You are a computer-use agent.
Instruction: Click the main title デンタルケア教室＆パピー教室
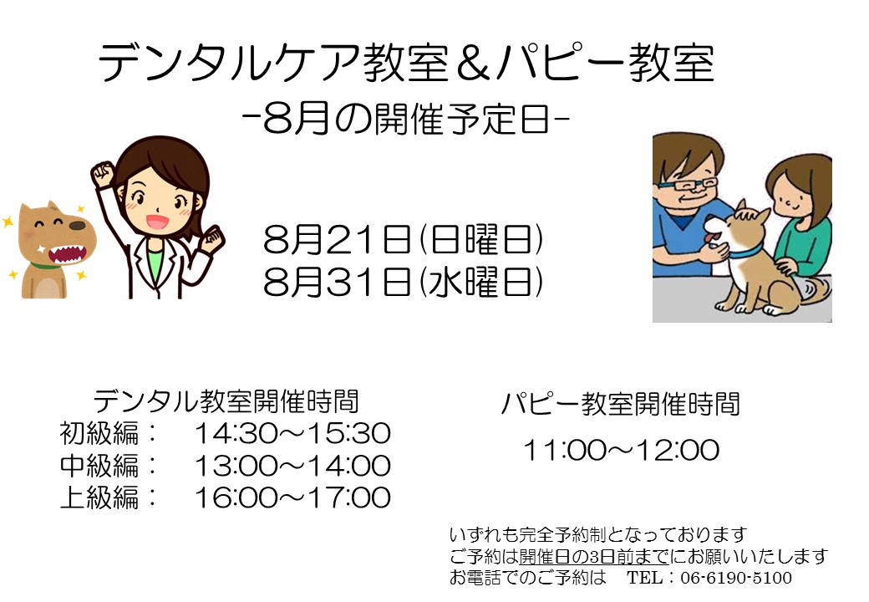(x=406, y=63)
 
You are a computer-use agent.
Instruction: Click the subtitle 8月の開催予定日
(x=406, y=120)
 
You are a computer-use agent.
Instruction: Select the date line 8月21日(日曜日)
(x=403, y=239)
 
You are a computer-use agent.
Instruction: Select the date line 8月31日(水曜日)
(x=403, y=282)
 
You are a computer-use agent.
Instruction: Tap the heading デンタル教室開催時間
(x=226, y=401)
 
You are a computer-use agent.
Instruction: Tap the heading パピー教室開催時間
(x=621, y=404)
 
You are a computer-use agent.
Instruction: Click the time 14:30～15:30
(x=292, y=433)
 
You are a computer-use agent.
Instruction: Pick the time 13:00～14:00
(x=292, y=466)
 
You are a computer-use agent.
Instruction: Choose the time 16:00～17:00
(x=292, y=497)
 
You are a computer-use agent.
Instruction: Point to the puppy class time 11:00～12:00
(x=622, y=450)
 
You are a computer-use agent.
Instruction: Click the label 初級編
(x=99, y=433)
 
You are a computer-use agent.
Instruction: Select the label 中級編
(x=99, y=466)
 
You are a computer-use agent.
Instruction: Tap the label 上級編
(x=99, y=497)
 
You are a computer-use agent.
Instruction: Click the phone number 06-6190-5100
(x=736, y=578)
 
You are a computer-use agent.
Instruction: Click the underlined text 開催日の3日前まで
(x=593, y=556)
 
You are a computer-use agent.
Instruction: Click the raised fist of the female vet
(x=103, y=174)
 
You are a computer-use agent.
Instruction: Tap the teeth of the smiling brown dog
(x=67, y=254)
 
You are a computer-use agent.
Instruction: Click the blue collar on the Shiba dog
(x=746, y=253)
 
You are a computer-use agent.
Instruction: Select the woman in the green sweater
(x=801, y=217)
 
